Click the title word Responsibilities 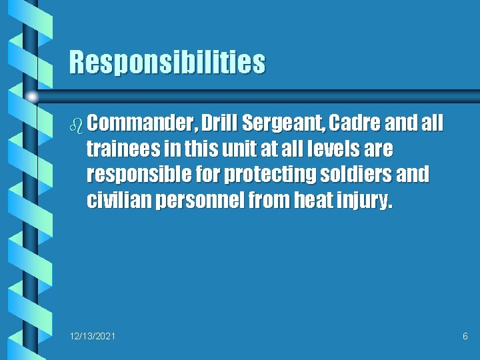click(x=167, y=63)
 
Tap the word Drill click(x=219, y=124)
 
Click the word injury click(x=365, y=201)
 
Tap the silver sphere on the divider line click(x=31, y=97)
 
